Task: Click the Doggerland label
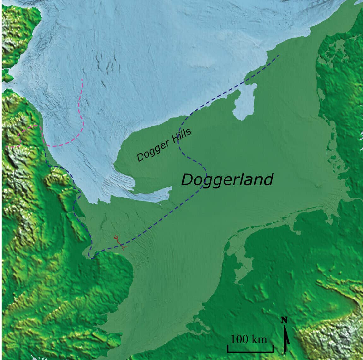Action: click(227, 180)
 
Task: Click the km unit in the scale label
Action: click(260, 339)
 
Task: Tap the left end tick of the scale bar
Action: click(228, 349)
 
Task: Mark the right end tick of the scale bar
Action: click(273, 349)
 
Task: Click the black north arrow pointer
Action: click(287, 339)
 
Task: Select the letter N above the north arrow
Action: click(284, 320)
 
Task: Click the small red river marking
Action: click(119, 242)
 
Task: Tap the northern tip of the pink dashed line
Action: click(82, 79)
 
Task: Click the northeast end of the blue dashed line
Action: click(278, 56)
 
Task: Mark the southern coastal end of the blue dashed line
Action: click(92, 258)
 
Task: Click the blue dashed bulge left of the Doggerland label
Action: click(205, 172)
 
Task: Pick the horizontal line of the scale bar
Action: click(250, 351)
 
